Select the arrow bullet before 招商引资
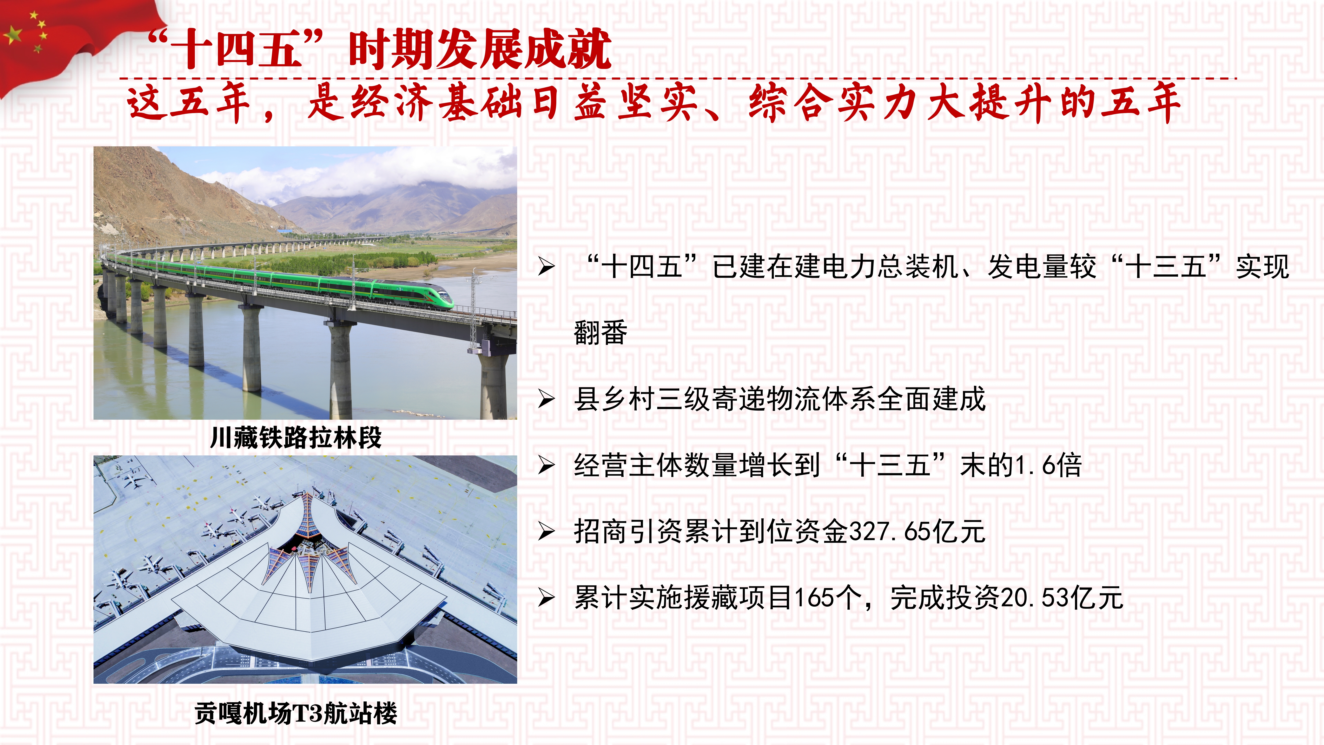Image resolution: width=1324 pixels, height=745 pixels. [x=546, y=532]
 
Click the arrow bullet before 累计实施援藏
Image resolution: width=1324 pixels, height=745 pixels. [x=546, y=598]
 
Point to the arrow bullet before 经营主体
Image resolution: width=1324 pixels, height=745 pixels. [x=546, y=465]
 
